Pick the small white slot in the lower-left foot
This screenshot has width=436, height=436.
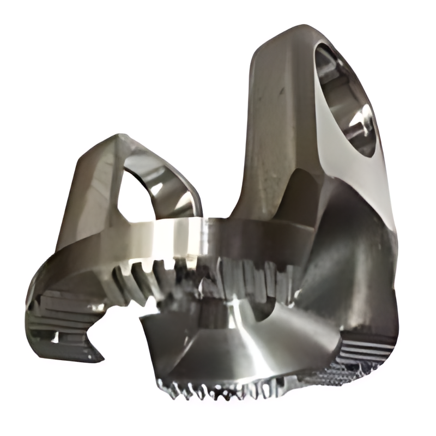tap(55, 337)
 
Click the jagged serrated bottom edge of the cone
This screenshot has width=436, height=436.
tap(229, 389)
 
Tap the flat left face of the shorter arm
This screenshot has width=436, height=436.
tap(87, 196)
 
